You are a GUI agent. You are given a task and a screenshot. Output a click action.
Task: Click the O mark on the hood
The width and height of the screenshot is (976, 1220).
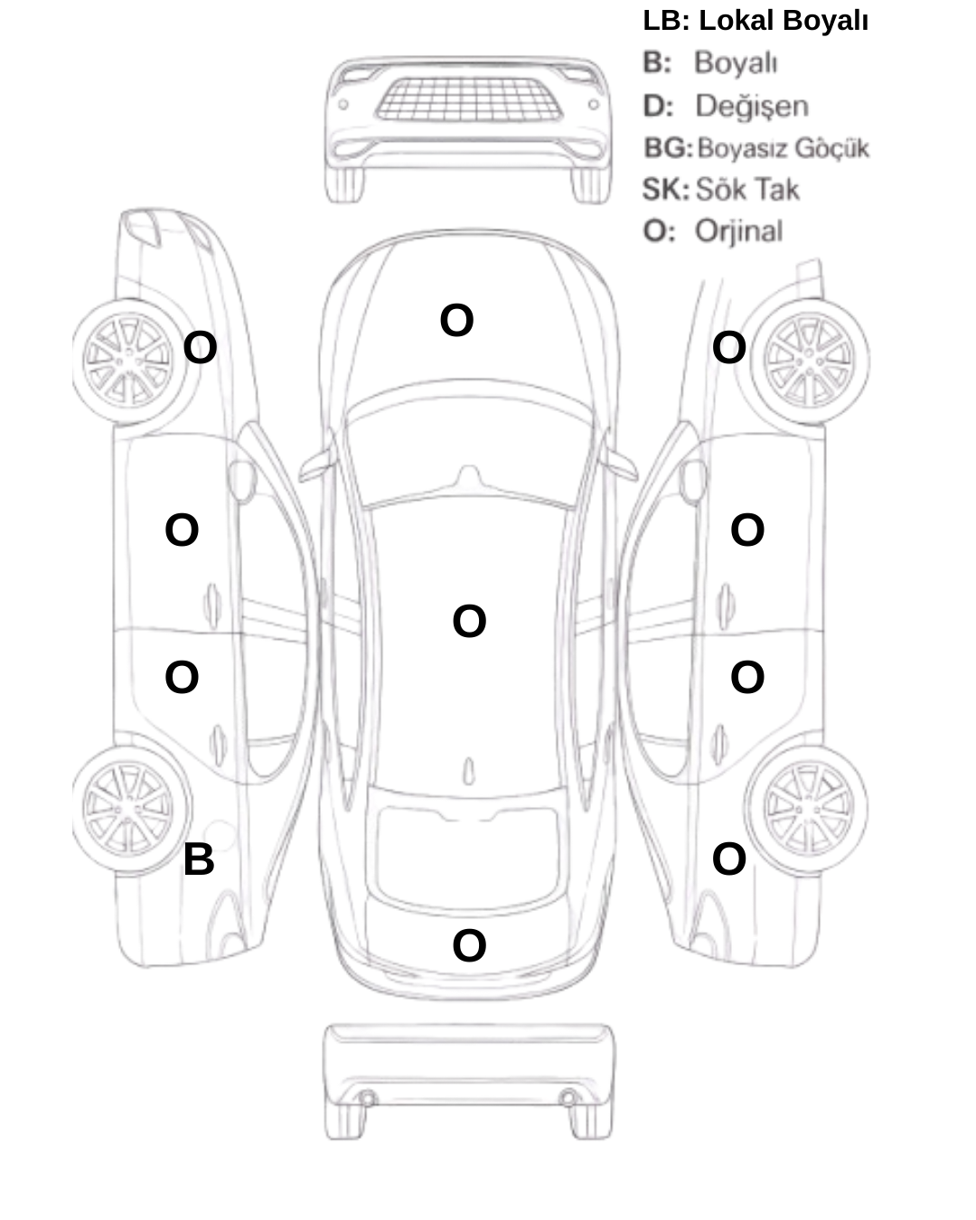tap(456, 320)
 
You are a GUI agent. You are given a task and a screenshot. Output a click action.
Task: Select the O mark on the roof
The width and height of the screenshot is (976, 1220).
tap(469, 622)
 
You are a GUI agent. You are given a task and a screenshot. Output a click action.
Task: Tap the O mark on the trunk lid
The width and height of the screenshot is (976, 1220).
tap(469, 945)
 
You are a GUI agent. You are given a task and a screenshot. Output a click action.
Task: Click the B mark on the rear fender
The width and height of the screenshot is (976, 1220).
tap(199, 859)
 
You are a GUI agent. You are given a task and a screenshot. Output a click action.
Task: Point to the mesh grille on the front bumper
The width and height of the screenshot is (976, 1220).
tap(469, 99)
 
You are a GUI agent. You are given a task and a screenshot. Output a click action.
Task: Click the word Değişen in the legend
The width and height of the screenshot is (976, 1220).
tap(751, 107)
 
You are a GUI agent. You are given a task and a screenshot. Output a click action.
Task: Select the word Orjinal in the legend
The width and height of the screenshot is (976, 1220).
tap(738, 231)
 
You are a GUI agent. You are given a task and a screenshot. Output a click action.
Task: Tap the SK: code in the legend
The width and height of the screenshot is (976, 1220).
tap(666, 190)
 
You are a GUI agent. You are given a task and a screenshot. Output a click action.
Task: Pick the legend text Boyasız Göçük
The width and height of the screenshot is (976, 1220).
tap(783, 148)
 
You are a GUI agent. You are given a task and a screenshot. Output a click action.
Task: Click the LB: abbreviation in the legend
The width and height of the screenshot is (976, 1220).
tap(666, 21)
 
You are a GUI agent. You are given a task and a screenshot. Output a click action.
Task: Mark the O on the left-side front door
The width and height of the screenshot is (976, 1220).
tap(182, 530)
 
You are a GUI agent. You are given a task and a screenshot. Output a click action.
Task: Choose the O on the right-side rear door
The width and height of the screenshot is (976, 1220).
tap(746, 677)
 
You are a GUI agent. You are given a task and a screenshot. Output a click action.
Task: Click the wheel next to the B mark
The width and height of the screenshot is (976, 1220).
tap(129, 810)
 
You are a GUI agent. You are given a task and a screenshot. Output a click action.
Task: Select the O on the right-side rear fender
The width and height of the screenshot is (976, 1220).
tap(728, 859)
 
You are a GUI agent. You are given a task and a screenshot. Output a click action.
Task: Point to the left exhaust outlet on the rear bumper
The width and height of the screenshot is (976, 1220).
tap(367, 1098)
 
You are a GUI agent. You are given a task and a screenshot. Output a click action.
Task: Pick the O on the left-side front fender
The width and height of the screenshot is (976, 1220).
tap(200, 348)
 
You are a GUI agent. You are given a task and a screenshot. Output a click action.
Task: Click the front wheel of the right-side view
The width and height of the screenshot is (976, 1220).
tap(809, 361)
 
